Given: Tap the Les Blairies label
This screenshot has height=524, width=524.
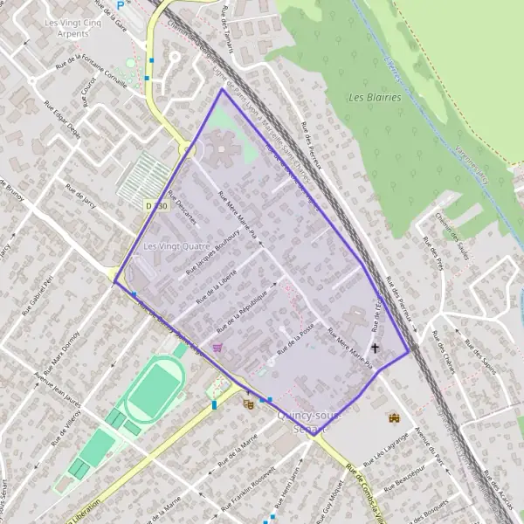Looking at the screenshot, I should [375, 98].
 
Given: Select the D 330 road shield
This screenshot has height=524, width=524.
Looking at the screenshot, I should [155, 205].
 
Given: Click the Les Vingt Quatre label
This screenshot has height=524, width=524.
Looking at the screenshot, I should [176, 246].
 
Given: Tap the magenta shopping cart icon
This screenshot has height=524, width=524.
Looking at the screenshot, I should [217, 348].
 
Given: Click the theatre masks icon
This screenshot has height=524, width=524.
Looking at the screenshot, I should [249, 404].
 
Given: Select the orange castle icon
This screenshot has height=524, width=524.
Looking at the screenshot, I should [392, 417].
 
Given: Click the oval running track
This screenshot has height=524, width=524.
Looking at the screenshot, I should [154, 390].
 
